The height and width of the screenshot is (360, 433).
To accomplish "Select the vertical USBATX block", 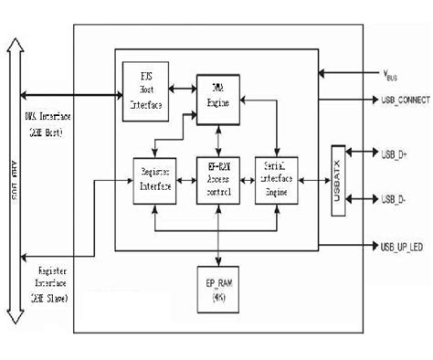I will coord(338,179).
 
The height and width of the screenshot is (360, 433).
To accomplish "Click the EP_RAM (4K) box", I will coord(218,287).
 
